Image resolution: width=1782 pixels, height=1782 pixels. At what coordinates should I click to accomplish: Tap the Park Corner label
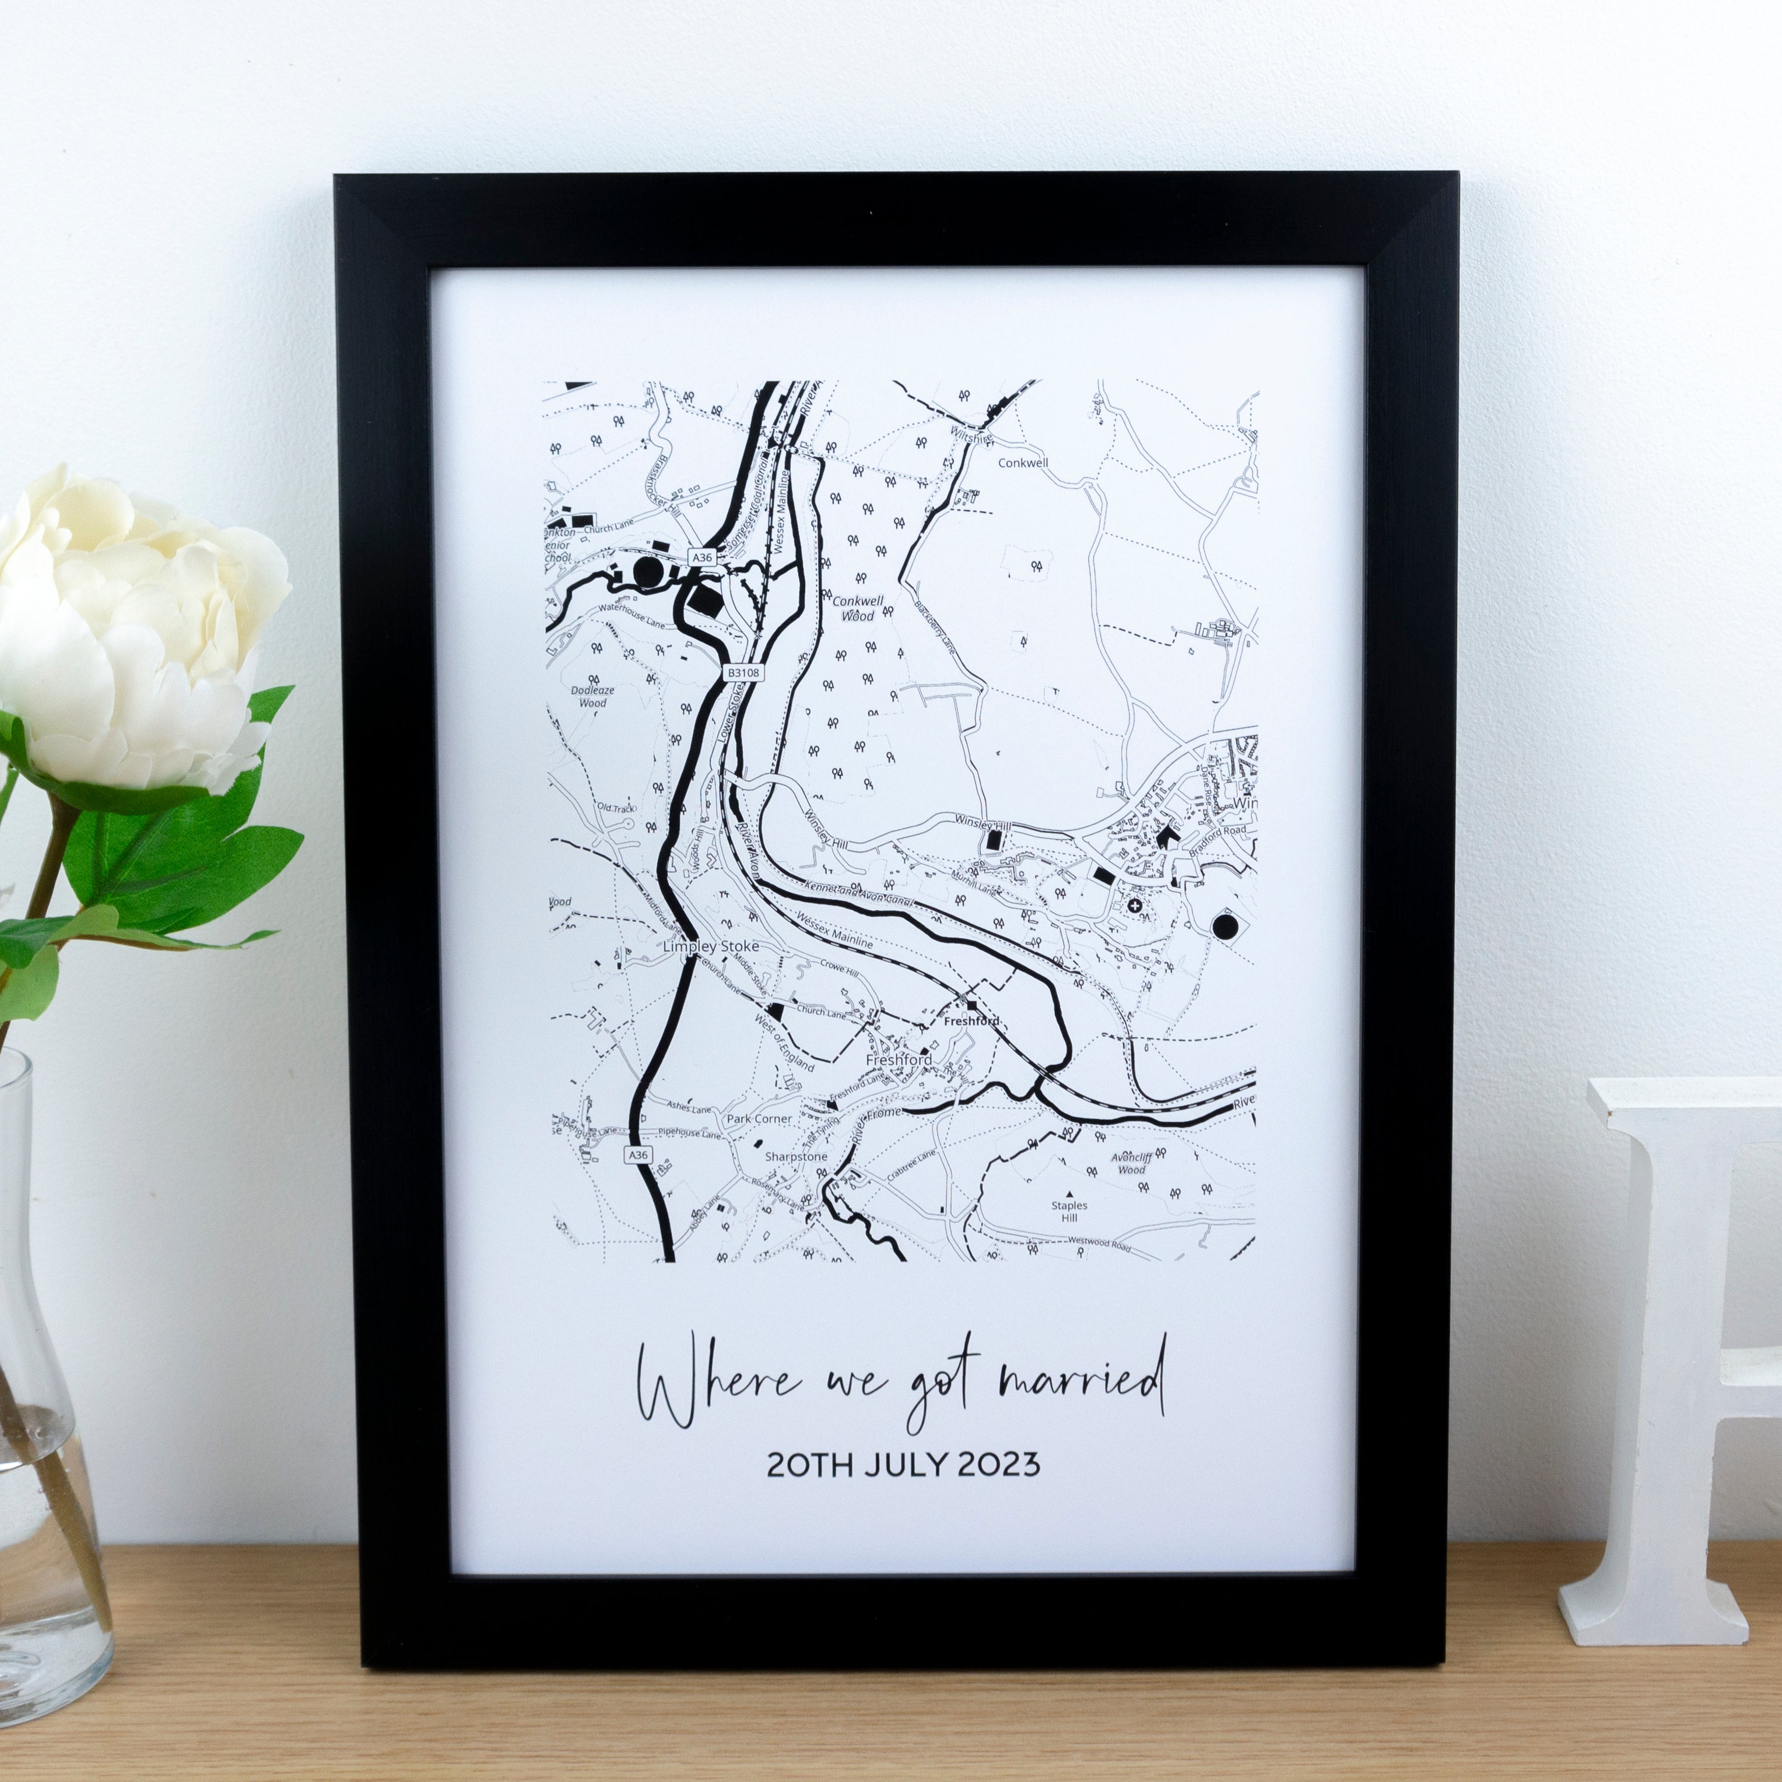[759, 1119]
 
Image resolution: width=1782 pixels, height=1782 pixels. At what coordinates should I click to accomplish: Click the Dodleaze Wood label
[592, 696]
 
